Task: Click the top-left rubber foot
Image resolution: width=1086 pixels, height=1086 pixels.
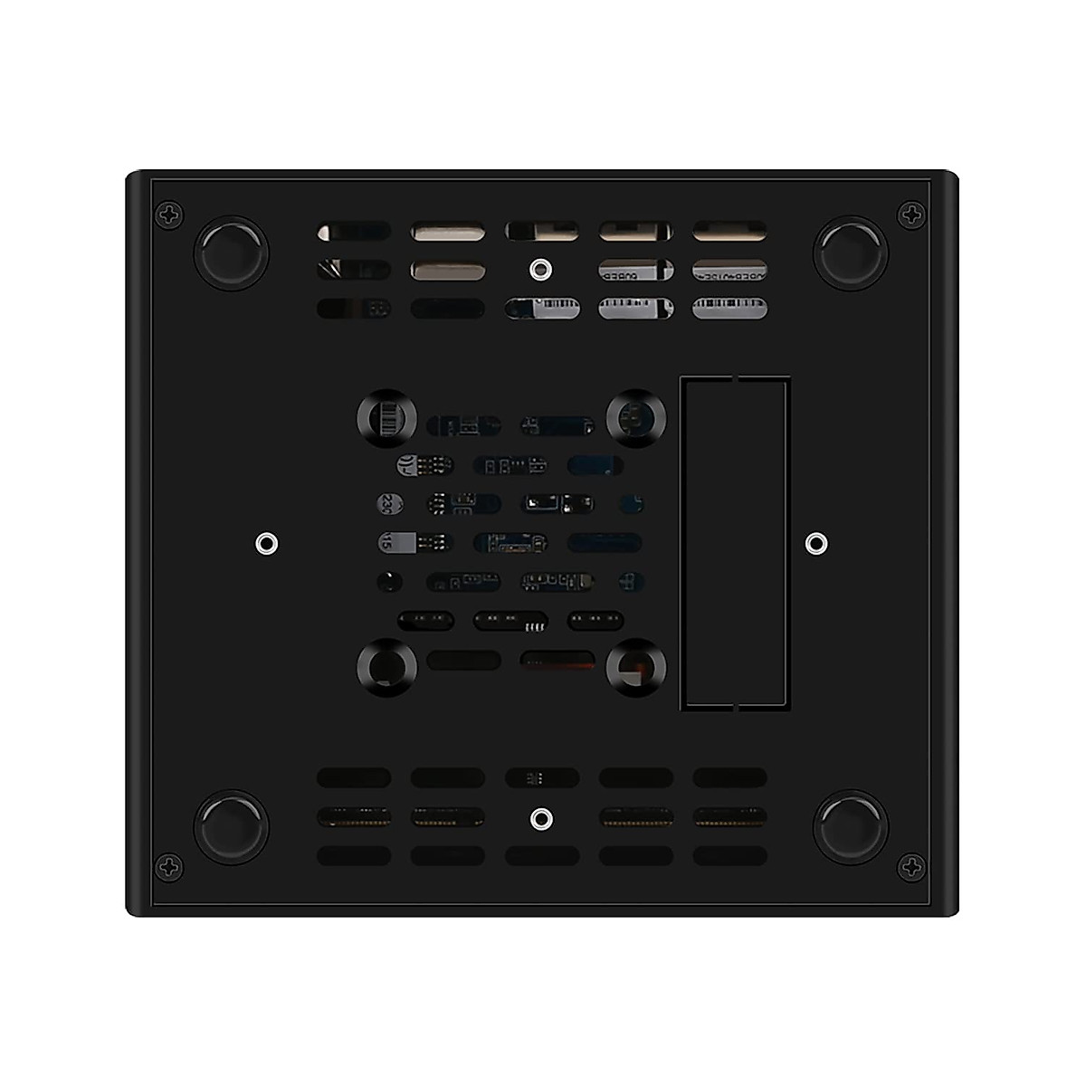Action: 232,252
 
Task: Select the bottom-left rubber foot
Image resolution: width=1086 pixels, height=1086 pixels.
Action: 232,826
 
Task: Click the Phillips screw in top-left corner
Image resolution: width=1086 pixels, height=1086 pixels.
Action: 168,215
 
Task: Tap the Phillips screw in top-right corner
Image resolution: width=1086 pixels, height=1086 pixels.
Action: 911,215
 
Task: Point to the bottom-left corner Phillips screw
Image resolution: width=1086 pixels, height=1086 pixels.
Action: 168,866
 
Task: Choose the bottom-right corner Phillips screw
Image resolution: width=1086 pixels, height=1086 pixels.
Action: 911,866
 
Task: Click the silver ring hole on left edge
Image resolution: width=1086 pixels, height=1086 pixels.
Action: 265,543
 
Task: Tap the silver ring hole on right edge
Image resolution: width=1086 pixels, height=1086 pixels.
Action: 815,543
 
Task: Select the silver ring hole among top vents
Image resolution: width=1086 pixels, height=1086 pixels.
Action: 540,268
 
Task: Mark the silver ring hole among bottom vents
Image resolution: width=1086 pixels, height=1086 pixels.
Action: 540,819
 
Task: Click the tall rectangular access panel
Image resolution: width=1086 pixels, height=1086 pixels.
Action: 735,543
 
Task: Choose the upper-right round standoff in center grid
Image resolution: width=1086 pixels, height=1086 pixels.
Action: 637,419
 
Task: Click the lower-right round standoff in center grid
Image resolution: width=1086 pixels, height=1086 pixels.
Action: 637,669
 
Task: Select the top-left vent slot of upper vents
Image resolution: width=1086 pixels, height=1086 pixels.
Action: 354,232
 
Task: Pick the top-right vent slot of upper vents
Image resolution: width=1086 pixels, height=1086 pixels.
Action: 729,232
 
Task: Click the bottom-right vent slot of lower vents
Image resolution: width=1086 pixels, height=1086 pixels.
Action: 729,856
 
